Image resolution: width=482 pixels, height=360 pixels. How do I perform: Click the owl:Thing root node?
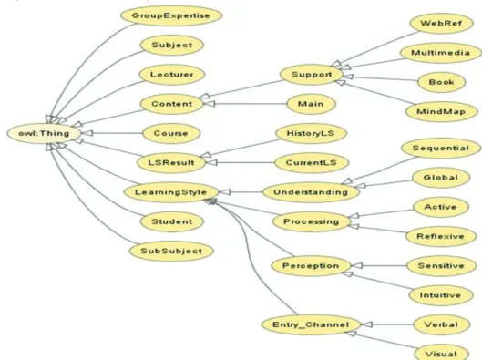tap(45, 133)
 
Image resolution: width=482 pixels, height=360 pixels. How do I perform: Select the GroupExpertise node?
tap(171, 15)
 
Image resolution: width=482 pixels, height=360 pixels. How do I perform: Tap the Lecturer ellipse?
tap(171, 75)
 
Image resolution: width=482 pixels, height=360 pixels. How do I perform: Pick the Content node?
tap(172, 104)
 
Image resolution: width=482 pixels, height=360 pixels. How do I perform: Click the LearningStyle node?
tap(171, 192)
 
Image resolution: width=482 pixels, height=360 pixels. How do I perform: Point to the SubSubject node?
tap(171, 252)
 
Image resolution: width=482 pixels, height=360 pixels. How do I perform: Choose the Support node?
tap(312, 75)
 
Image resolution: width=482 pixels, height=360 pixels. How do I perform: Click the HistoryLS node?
tap(311, 133)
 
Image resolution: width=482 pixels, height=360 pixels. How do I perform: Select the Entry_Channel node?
tap(311, 324)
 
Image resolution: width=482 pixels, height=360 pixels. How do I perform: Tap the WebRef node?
tap(441, 24)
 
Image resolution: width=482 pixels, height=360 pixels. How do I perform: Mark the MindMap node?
tap(441, 111)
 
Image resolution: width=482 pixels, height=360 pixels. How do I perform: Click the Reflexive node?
tap(441, 236)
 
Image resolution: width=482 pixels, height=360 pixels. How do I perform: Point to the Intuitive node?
tap(440, 295)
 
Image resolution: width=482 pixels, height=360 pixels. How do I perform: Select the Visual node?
tap(441, 354)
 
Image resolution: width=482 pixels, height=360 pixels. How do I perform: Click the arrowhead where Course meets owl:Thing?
tap(87, 133)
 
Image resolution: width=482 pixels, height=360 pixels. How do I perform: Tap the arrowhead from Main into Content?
tap(210, 104)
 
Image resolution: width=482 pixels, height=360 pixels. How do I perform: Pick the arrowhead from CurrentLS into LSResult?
tap(211, 162)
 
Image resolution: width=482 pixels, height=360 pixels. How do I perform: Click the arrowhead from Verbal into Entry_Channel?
tap(366, 324)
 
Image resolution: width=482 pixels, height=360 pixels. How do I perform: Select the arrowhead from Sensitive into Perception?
tap(357, 265)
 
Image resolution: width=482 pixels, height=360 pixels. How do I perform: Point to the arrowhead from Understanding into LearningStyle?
tap(224, 192)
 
